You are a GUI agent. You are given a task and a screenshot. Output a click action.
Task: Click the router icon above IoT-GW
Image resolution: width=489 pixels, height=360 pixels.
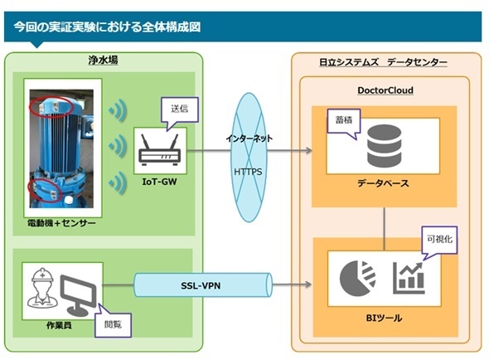click(159, 150)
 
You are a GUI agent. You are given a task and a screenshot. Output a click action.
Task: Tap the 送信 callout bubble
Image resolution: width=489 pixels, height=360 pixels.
click(179, 109)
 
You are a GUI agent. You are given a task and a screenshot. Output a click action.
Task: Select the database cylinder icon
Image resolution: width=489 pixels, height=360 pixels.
click(384, 145)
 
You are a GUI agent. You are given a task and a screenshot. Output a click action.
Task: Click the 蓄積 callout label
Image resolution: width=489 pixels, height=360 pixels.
click(344, 120)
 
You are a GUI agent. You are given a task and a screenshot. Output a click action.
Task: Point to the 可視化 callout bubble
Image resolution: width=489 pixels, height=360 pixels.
click(439, 240)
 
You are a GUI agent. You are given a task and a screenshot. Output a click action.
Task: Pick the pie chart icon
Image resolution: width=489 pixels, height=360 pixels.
click(357, 278)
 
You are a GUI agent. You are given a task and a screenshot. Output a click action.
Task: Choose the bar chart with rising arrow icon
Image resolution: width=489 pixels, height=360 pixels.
click(409, 278)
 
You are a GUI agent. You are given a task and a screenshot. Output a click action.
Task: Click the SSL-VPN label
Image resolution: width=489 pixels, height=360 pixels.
click(201, 285)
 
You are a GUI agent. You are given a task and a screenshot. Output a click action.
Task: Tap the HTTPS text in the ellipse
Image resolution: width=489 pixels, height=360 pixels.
click(248, 172)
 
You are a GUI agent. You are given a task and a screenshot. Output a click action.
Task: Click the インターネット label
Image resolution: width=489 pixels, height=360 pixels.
click(249, 138)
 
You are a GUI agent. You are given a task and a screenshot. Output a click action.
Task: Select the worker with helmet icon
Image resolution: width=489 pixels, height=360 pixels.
click(42, 288)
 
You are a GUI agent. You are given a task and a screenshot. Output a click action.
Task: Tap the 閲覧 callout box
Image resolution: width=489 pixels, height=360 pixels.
click(113, 324)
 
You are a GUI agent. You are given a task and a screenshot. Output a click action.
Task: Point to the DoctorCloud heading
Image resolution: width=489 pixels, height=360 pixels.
click(385, 90)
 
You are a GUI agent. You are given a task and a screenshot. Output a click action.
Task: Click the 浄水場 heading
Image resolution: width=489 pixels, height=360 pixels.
click(103, 60)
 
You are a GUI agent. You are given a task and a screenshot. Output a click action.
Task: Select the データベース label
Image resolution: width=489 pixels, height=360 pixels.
click(383, 183)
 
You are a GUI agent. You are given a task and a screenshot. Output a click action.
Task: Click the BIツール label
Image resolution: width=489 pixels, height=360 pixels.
click(384, 319)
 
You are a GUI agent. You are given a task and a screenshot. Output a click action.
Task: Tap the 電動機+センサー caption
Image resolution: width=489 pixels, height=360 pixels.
click(61, 223)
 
